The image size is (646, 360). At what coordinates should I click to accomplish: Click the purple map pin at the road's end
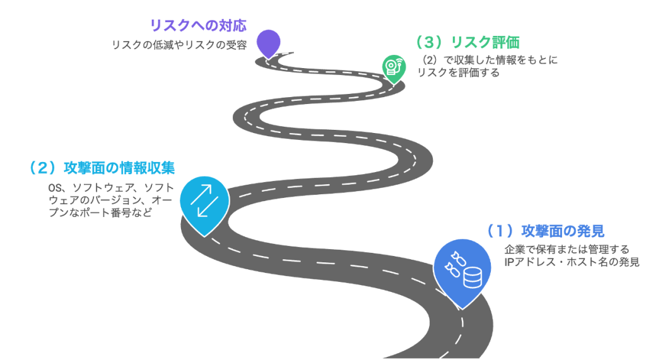tap(269, 42)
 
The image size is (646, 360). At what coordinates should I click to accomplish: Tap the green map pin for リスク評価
tap(393, 66)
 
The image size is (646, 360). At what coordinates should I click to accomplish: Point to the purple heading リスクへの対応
tap(197, 26)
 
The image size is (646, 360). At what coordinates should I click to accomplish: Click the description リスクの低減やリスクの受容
tap(179, 45)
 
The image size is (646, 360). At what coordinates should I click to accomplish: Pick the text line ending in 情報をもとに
tap(490, 61)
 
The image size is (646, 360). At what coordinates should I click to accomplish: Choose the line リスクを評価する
tap(458, 73)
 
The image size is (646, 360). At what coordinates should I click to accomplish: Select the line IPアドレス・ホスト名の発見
tap(571, 262)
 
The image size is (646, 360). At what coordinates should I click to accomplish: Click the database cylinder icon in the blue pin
tap(472, 277)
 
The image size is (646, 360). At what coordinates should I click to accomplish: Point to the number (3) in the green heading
tap(427, 42)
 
